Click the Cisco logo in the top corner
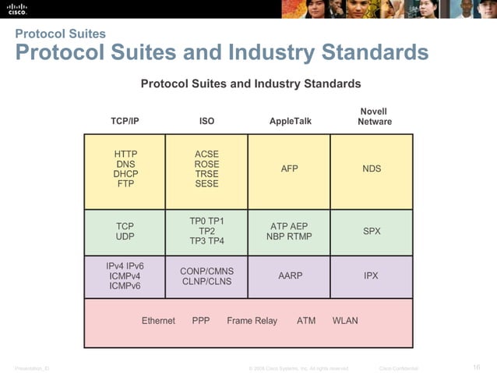pos(17,9)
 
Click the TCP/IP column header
pos(125,121)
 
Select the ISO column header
pos(206,121)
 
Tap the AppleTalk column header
pos(289,121)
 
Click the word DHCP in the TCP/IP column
pos(125,174)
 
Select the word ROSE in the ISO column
pos(206,164)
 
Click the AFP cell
pos(289,169)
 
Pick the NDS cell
pos(372,169)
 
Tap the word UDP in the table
pos(125,236)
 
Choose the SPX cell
pos(372,232)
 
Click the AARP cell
pos(290,275)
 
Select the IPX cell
pos(372,275)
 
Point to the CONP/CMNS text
pos(206,271)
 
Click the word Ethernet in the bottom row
pos(158,321)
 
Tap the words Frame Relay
pos(252,321)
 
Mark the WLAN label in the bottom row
pos(345,321)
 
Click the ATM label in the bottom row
pos(306,321)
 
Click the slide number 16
pos(477,367)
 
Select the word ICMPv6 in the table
pos(125,286)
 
